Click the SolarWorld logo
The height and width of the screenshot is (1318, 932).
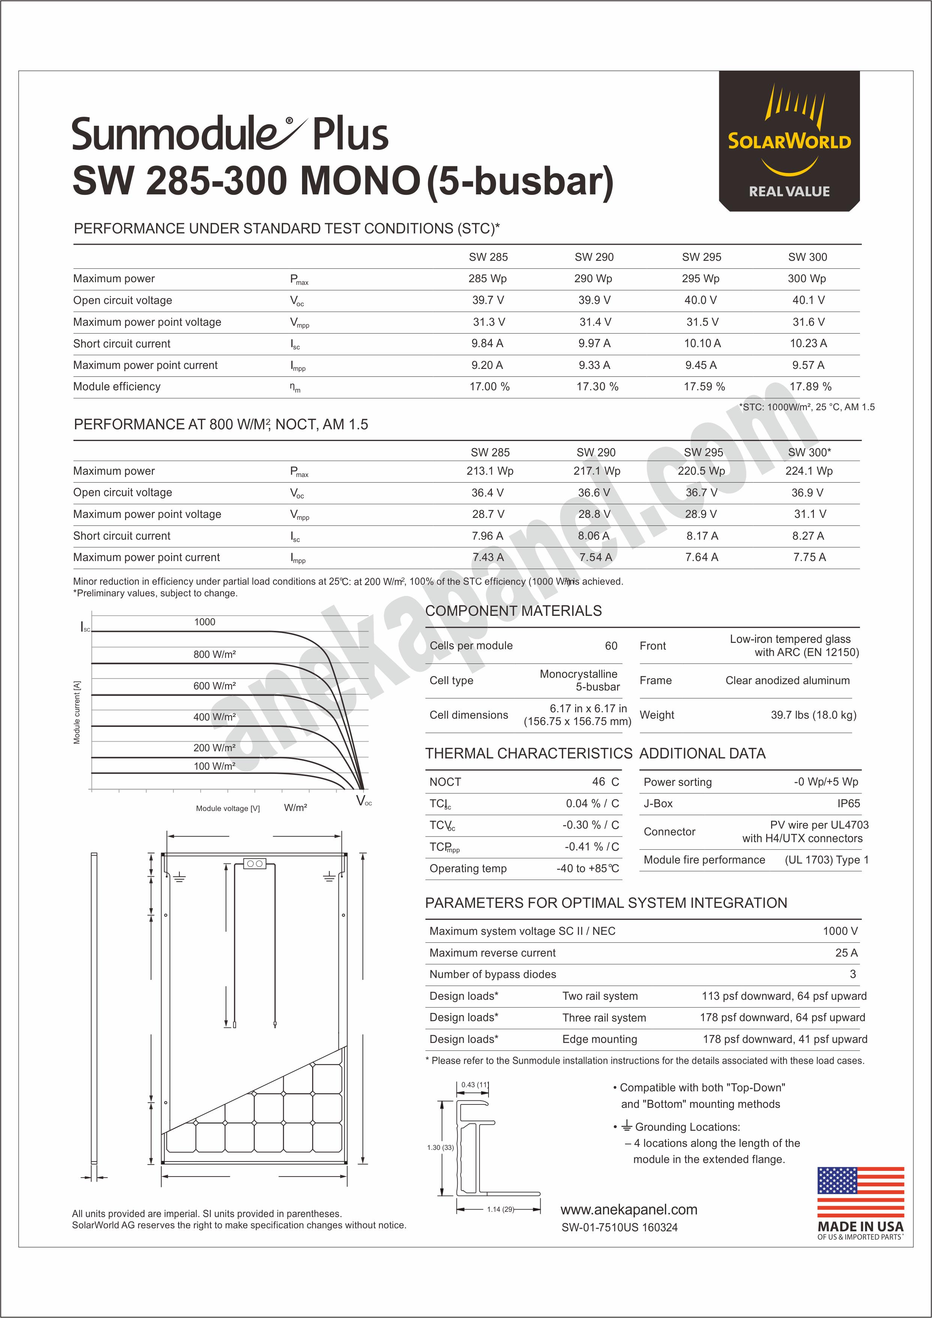click(789, 141)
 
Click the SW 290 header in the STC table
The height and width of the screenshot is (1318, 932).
click(594, 257)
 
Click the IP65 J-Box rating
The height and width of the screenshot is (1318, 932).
click(848, 803)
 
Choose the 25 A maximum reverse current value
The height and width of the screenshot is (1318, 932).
click(846, 953)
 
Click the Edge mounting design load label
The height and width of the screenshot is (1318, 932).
click(599, 1039)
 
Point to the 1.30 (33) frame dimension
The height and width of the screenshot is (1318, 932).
click(440, 1148)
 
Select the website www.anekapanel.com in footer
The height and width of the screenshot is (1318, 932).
click(628, 1210)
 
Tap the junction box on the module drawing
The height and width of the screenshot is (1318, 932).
click(254, 864)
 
